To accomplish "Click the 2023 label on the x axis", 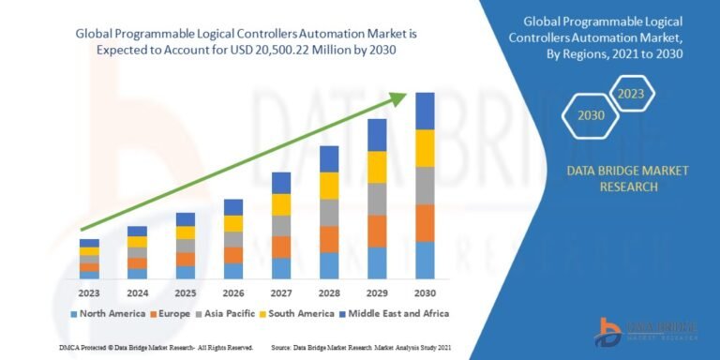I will point(89,292).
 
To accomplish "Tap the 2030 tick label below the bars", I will point(425,292).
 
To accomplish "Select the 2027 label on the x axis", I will point(281,292).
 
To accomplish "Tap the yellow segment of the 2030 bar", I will point(425,148).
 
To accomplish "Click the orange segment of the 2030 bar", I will point(425,223).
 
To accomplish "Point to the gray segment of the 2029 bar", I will point(377,199).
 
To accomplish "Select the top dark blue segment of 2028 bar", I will point(329,158).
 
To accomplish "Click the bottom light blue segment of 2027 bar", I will point(281,268).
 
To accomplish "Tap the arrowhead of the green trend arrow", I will point(402,96).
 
